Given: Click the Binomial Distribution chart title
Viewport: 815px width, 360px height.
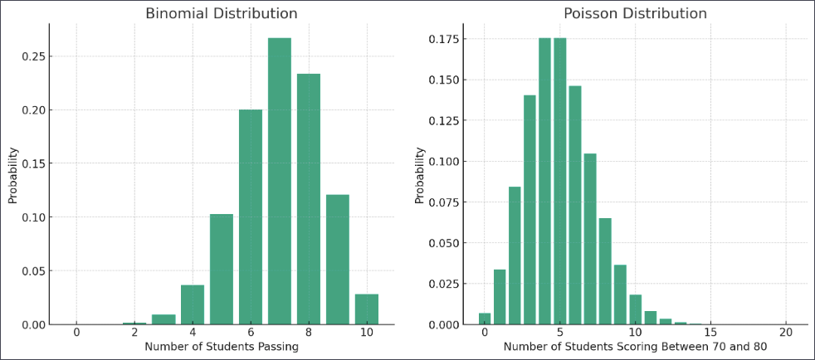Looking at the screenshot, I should click(x=221, y=13).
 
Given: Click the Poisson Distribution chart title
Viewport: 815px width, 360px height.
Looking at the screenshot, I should click(x=635, y=13).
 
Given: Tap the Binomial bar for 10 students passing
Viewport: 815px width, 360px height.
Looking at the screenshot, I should click(x=366, y=309).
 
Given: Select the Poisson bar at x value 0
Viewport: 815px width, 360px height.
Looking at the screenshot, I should click(x=484, y=319).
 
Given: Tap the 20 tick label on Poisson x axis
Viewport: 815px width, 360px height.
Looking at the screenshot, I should click(x=786, y=333).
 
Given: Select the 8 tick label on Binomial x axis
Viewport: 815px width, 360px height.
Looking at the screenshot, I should click(x=308, y=333).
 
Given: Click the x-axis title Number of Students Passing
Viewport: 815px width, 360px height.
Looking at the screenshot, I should click(x=221, y=347).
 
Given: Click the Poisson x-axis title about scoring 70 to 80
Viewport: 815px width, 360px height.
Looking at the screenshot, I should click(x=635, y=347).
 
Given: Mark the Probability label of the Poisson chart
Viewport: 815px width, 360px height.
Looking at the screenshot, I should click(x=420, y=175).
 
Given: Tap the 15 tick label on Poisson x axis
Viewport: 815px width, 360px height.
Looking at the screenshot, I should click(x=710, y=333).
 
